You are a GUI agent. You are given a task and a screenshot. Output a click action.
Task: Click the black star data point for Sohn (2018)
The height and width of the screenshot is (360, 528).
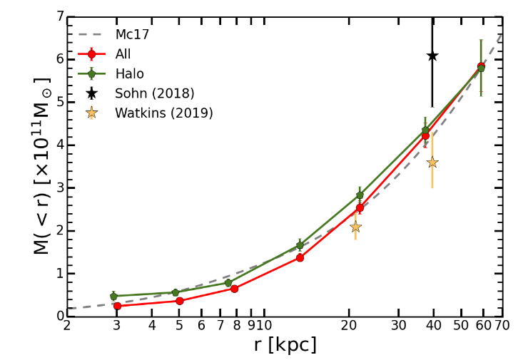(432, 56)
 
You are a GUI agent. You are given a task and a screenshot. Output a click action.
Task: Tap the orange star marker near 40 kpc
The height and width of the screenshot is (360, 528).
(432, 163)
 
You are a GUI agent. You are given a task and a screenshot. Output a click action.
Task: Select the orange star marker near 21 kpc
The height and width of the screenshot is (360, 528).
(355, 227)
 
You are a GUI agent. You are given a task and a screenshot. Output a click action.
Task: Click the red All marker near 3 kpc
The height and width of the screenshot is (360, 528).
(117, 306)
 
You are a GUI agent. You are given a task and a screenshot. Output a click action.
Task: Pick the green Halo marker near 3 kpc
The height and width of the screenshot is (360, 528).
(113, 296)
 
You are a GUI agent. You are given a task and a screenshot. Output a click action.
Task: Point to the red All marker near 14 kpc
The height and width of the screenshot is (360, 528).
(300, 257)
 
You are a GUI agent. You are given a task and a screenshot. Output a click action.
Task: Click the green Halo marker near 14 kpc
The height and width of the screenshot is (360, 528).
(300, 245)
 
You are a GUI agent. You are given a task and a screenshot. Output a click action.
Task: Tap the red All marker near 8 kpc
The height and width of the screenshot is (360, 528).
(234, 289)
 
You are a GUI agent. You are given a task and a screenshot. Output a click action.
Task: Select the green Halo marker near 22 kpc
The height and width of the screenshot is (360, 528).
(360, 195)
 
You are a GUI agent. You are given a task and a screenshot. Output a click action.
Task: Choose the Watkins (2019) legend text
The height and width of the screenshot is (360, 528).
(163, 113)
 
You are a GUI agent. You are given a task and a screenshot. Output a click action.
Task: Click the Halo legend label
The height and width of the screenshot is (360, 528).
(129, 74)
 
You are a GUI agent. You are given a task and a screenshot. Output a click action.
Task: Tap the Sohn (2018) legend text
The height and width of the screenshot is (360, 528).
(154, 93)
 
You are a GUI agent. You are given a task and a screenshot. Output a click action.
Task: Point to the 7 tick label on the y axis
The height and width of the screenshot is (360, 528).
(60, 16)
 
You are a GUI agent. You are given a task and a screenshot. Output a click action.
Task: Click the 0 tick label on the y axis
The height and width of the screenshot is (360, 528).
(60, 316)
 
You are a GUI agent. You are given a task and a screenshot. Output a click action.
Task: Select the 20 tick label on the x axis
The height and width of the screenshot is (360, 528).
(348, 326)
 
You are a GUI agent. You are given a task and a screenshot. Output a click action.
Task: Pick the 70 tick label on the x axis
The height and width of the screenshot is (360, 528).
(502, 326)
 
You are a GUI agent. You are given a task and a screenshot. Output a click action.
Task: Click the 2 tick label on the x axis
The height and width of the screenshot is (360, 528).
(67, 326)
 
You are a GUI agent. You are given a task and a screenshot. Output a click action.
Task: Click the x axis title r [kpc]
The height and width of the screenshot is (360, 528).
(285, 346)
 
